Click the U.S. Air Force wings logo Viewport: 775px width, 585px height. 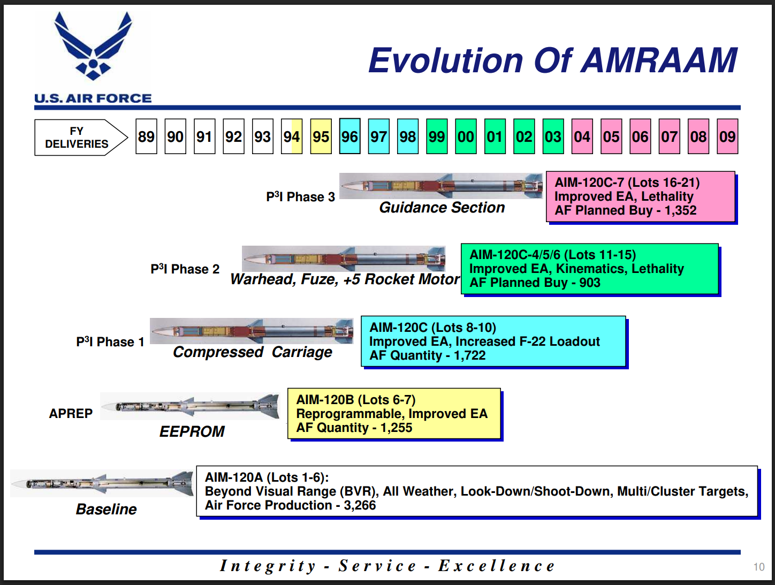coord(93,47)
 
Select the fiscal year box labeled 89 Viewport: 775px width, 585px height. coord(146,137)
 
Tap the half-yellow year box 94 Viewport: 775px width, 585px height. coord(292,137)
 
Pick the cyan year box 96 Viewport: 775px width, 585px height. coord(349,136)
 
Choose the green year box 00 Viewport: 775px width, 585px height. coord(466,137)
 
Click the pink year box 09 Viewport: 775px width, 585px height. coord(727,137)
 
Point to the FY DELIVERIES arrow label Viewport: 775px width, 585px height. coord(77,138)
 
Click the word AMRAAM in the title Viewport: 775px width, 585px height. coord(659,60)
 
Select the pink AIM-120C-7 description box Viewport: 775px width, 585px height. coord(640,196)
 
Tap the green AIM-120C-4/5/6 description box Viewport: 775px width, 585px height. coord(589,269)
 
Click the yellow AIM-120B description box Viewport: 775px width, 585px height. coord(394,414)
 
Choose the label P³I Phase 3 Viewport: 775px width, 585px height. coord(300,197)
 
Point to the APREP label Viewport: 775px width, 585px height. coord(71,414)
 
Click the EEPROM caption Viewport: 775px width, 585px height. coord(192,431)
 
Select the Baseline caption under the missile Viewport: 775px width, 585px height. coord(106,510)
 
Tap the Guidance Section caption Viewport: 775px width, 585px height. coord(442,208)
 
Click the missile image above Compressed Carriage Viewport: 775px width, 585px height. coord(252,331)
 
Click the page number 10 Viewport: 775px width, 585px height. coord(758,567)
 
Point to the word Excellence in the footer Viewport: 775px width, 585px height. coord(496,566)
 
